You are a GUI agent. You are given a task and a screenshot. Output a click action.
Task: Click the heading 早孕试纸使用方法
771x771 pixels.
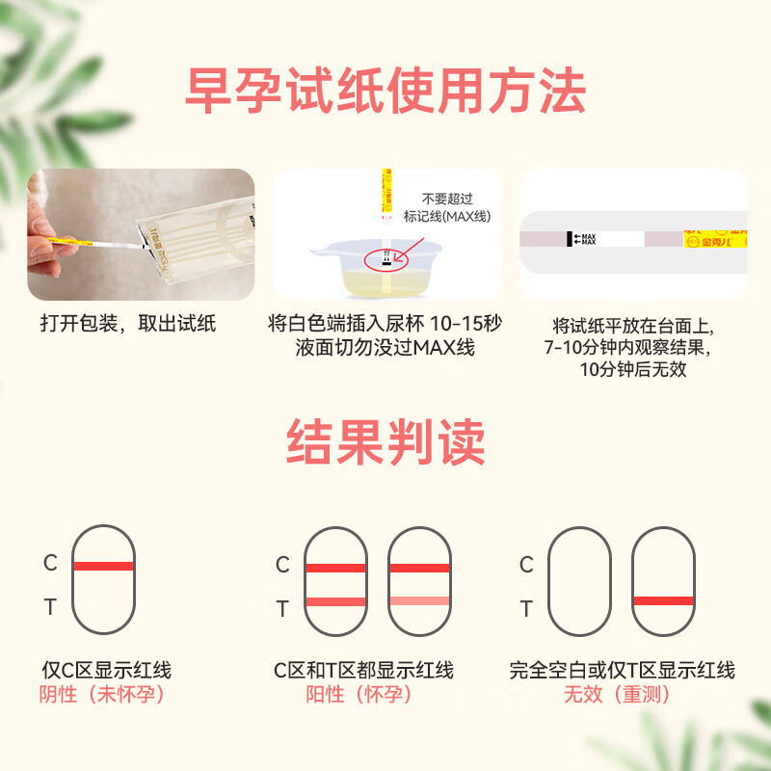click(x=385, y=93)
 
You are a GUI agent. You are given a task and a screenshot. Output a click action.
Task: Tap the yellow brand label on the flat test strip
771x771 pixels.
click(x=715, y=239)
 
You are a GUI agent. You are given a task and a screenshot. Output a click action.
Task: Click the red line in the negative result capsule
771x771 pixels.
click(x=103, y=566)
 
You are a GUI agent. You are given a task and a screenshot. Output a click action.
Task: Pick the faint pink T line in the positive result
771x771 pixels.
click(x=418, y=600)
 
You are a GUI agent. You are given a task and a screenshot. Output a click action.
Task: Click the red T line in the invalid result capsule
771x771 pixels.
click(x=663, y=600)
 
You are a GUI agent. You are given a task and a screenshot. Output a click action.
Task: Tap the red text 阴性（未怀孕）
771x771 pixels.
click(x=103, y=694)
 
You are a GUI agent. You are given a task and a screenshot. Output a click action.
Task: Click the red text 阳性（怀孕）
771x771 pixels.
click(x=363, y=694)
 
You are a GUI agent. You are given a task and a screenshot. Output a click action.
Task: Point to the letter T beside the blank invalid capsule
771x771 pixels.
click(x=526, y=608)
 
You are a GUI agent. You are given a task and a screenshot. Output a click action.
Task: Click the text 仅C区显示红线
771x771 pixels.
click(x=106, y=670)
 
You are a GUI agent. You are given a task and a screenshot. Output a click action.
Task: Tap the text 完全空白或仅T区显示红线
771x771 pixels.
click(x=623, y=670)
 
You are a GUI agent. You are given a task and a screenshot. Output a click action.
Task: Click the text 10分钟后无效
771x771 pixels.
click(x=633, y=368)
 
